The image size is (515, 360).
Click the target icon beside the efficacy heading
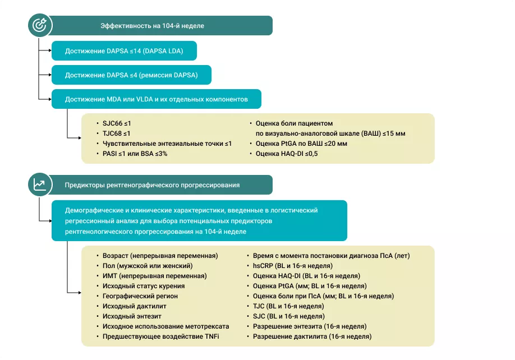[39, 25]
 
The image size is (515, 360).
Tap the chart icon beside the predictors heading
[39, 184]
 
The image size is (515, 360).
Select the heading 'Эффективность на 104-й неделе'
[152, 26]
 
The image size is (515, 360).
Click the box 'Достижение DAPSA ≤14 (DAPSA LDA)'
[124, 50]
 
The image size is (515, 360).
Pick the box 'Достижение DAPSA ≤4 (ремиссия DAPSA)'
[131, 75]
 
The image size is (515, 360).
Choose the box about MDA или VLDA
[157, 99]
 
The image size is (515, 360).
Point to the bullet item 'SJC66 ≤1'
[116, 123]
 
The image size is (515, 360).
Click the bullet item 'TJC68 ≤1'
[116, 133]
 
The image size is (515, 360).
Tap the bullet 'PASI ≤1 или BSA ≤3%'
[135, 154]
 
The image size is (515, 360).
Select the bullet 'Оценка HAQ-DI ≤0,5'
[286, 154]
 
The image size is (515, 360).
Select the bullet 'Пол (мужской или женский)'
[148, 266]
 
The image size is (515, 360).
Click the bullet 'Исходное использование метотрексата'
[165, 326]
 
